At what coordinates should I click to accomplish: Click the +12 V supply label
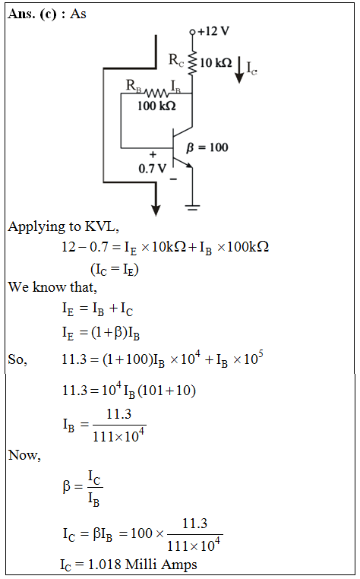coord(213,31)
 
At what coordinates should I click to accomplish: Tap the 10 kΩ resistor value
coord(216,63)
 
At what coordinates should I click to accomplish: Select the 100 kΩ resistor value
coord(156,106)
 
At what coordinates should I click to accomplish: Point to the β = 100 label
coord(207,147)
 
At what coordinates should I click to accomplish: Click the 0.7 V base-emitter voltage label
coord(152,169)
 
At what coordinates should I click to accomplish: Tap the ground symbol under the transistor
coord(192,207)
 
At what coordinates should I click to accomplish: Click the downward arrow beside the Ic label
coord(239,70)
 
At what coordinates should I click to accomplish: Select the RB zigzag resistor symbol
coord(156,92)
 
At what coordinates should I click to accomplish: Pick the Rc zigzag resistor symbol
coord(192,63)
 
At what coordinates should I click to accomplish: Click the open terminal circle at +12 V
coord(192,32)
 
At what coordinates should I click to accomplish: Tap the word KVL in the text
coord(102,226)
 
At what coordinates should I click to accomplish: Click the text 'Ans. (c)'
coord(32,14)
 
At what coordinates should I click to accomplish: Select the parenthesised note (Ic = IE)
coord(115,269)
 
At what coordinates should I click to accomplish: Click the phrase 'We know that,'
coord(52,287)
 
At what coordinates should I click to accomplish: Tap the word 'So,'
coord(17,359)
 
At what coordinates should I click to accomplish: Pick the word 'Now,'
coord(24,455)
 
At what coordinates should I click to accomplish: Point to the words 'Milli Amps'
coord(161,565)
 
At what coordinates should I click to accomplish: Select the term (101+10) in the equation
coord(166,391)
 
